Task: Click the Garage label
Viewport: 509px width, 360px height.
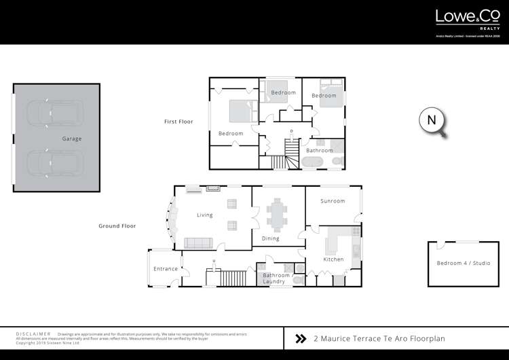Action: coord(72,139)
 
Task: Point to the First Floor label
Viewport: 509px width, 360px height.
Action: coord(178,122)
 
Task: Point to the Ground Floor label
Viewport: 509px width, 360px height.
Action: coord(118,226)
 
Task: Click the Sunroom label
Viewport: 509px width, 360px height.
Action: coord(333,201)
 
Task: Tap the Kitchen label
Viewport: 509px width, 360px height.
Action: coord(333,259)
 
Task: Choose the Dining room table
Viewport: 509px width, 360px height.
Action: coord(277,214)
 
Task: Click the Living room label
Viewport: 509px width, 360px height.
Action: coord(204,215)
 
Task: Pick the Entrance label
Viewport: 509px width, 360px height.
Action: coord(165,269)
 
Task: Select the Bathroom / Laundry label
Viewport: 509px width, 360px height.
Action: coord(274,278)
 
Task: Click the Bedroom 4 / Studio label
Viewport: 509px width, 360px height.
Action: coord(463,264)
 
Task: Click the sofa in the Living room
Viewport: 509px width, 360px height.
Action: coord(199,242)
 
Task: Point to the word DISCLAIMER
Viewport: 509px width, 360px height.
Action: coord(33,335)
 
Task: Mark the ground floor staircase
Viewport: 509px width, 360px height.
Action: coord(233,277)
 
